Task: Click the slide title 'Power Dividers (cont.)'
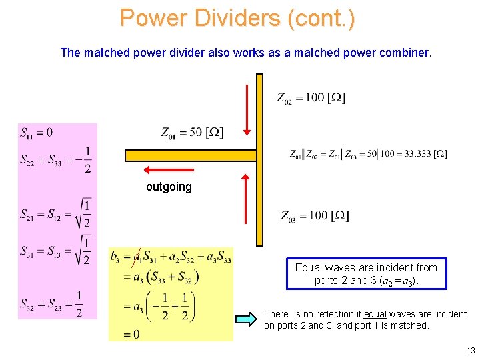click(x=237, y=18)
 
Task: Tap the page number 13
click(x=471, y=351)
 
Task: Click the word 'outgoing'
click(x=169, y=187)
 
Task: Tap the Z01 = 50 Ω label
click(x=192, y=133)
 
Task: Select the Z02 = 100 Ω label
click(x=311, y=99)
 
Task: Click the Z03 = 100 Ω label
click(x=315, y=216)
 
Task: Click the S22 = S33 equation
click(x=56, y=160)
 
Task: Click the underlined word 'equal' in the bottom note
click(x=375, y=314)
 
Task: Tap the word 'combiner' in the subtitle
click(x=407, y=52)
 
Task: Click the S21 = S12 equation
click(x=56, y=213)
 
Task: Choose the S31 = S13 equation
click(x=56, y=251)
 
